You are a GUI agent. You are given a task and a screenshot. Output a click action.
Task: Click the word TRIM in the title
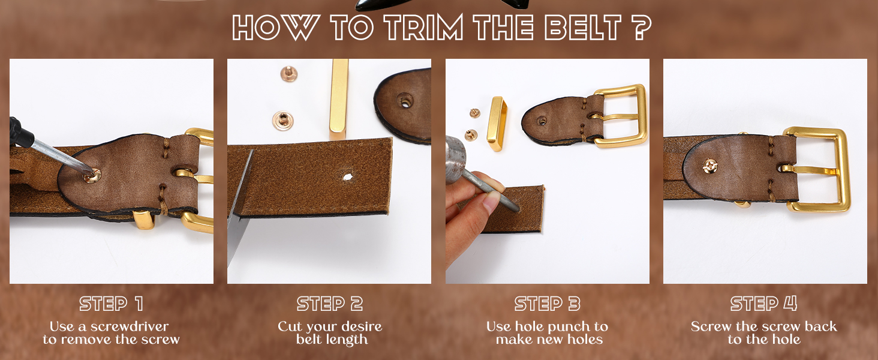(424, 28)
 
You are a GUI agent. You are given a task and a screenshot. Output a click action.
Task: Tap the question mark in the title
(640, 28)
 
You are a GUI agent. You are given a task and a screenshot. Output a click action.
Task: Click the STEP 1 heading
(112, 304)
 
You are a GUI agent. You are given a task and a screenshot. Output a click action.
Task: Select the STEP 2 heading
(330, 304)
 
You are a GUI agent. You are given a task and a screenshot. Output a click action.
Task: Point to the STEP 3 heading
(547, 304)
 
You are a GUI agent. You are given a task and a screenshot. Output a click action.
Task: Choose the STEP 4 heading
(764, 304)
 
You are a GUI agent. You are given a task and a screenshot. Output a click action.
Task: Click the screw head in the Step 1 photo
(92, 175)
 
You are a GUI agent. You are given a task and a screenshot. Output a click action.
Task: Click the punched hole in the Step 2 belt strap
(347, 176)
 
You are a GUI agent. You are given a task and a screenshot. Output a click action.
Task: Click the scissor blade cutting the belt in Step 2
(239, 204)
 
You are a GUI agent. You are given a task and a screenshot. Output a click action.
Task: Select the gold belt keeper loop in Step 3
(496, 124)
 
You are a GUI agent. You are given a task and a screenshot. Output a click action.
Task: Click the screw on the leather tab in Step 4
(709, 167)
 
